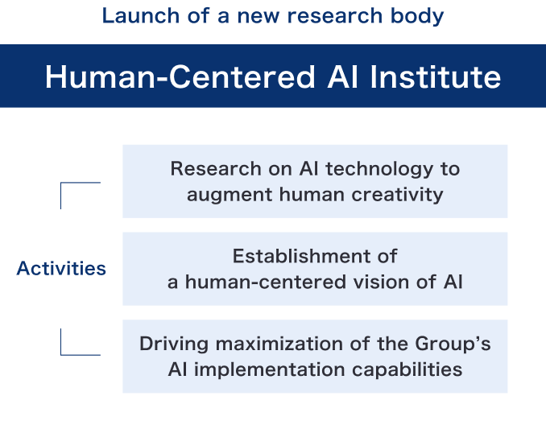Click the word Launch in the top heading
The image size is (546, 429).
click(141, 16)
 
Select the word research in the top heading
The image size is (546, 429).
click(334, 16)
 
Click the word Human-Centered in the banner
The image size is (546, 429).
click(180, 77)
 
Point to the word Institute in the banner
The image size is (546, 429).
click(435, 77)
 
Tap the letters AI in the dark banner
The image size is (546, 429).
click(342, 77)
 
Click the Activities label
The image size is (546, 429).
click(61, 268)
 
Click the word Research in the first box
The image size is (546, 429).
click(216, 169)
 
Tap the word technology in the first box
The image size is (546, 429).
click(379, 170)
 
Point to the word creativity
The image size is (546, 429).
click(397, 195)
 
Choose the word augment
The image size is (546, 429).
click(230, 196)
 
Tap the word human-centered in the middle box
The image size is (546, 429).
click(265, 282)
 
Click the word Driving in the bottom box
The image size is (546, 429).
click(174, 344)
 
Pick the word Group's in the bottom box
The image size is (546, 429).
click(453, 344)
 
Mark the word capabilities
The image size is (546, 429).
click(407, 370)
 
